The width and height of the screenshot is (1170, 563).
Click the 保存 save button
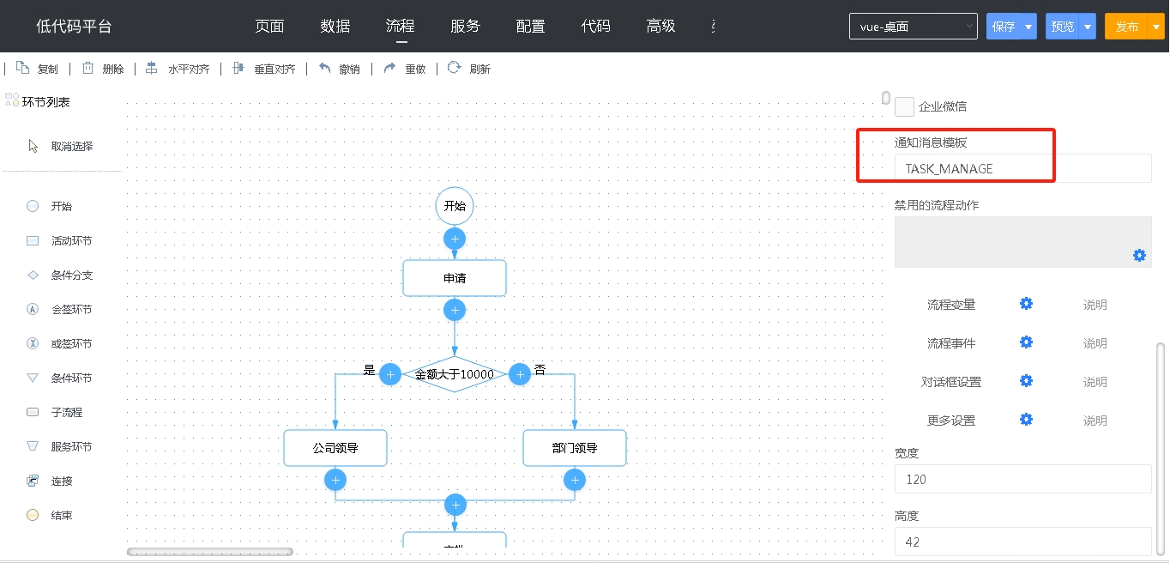coord(1004,26)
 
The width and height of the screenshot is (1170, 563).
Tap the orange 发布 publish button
coord(1126,26)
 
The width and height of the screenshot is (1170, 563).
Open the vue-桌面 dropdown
coord(913,26)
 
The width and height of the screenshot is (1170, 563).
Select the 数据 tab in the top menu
coord(335,26)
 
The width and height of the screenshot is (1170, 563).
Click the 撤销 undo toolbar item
coord(340,69)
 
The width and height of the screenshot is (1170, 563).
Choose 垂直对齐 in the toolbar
coord(264,69)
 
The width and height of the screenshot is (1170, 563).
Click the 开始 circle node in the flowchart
coord(455,206)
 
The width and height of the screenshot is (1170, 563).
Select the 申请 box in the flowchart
coord(455,278)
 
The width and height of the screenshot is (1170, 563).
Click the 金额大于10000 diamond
coord(455,374)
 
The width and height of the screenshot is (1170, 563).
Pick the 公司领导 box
coord(335,448)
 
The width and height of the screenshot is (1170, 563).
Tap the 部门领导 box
coord(575,448)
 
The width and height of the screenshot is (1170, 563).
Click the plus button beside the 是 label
coord(390,374)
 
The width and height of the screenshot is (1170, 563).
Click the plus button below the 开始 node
coord(455,239)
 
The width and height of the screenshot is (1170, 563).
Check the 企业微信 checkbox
coord(904,106)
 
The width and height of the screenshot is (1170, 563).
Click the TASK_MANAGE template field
coord(1022,168)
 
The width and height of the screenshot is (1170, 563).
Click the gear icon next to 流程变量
coord(1027,304)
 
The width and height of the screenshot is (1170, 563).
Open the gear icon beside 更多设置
coord(1027,420)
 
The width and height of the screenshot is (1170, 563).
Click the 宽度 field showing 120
coord(1022,479)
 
